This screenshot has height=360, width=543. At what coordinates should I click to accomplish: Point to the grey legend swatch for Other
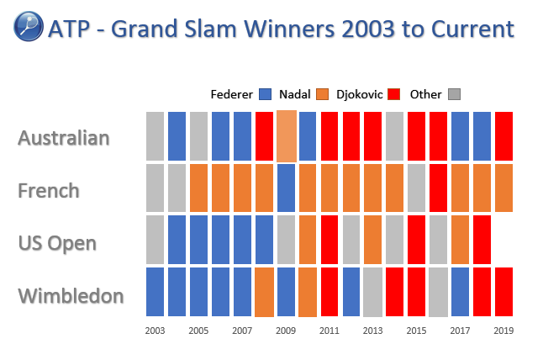click(456, 94)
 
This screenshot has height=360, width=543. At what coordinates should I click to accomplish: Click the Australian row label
click(64, 137)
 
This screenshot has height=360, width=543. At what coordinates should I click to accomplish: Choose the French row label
click(49, 190)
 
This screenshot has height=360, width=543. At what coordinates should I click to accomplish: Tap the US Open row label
click(57, 243)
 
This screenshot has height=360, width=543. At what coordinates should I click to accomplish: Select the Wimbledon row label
click(71, 295)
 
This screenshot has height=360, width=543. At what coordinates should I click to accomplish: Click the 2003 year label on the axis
click(155, 331)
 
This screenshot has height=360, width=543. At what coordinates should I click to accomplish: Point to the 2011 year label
click(329, 331)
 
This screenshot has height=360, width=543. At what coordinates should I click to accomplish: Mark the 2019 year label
click(503, 331)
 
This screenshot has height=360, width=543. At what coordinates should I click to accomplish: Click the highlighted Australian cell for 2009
click(286, 136)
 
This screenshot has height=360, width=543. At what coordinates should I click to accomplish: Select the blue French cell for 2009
click(286, 188)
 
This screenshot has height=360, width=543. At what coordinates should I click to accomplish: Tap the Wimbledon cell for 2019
click(503, 292)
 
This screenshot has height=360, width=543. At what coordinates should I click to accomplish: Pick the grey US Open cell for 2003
click(155, 240)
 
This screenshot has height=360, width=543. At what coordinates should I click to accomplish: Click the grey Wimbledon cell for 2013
click(372, 292)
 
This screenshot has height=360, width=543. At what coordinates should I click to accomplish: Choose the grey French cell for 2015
click(416, 188)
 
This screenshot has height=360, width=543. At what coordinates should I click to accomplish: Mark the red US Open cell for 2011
click(329, 240)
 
